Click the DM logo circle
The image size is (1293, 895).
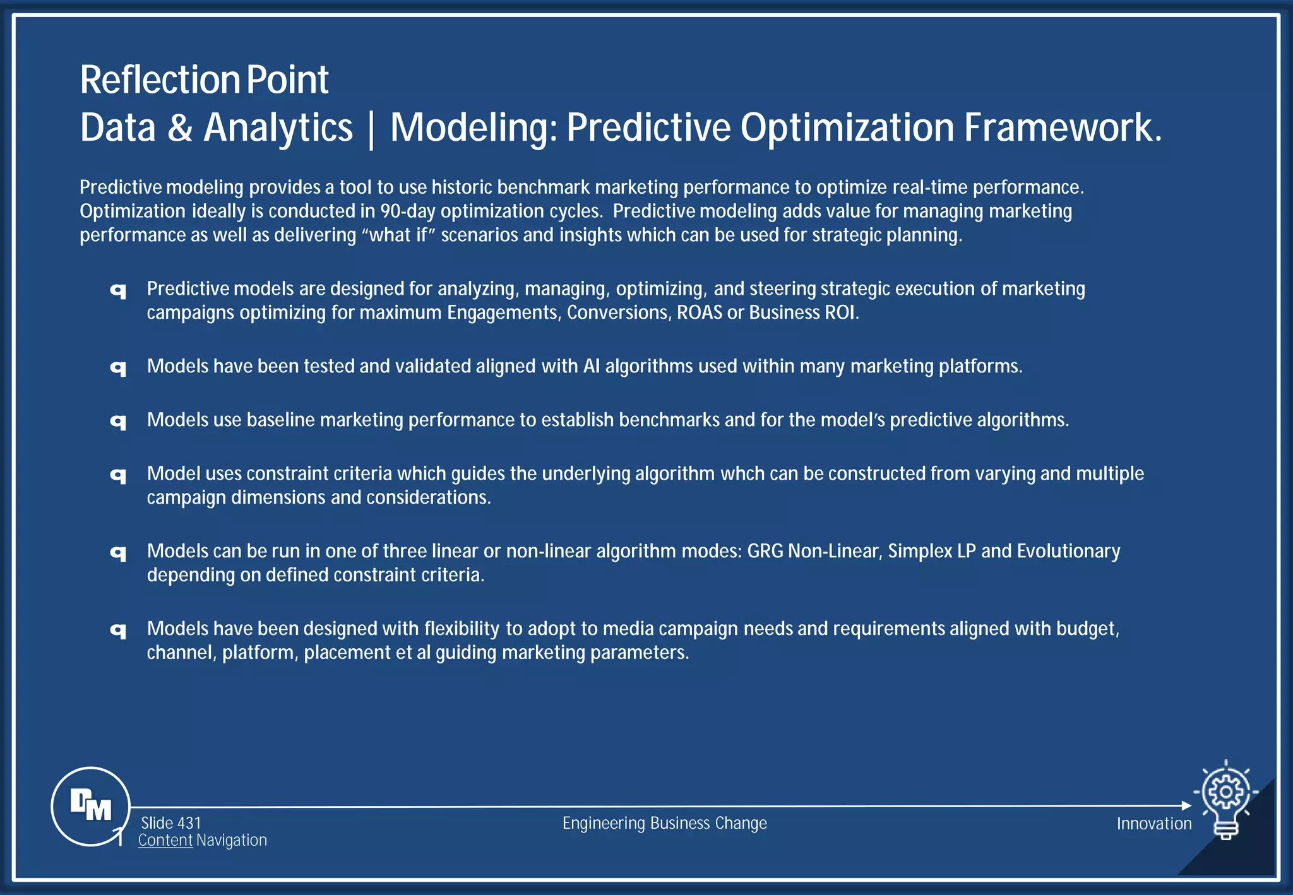[91, 806]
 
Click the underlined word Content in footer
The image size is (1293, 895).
[165, 840]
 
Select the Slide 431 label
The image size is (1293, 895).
[170, 823]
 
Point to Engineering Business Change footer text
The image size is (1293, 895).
[664, 823]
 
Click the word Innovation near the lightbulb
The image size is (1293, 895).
[1153, 824]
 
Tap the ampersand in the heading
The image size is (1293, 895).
[180, 127]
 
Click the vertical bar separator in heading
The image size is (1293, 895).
[371, 129]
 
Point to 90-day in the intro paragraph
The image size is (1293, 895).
[408, 211]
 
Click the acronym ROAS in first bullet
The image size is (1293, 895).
[699, 312]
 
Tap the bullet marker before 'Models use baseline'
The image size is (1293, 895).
[118, 421]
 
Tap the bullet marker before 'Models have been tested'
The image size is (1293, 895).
[118, 367]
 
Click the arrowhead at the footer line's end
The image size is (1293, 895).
[1186, 805]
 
